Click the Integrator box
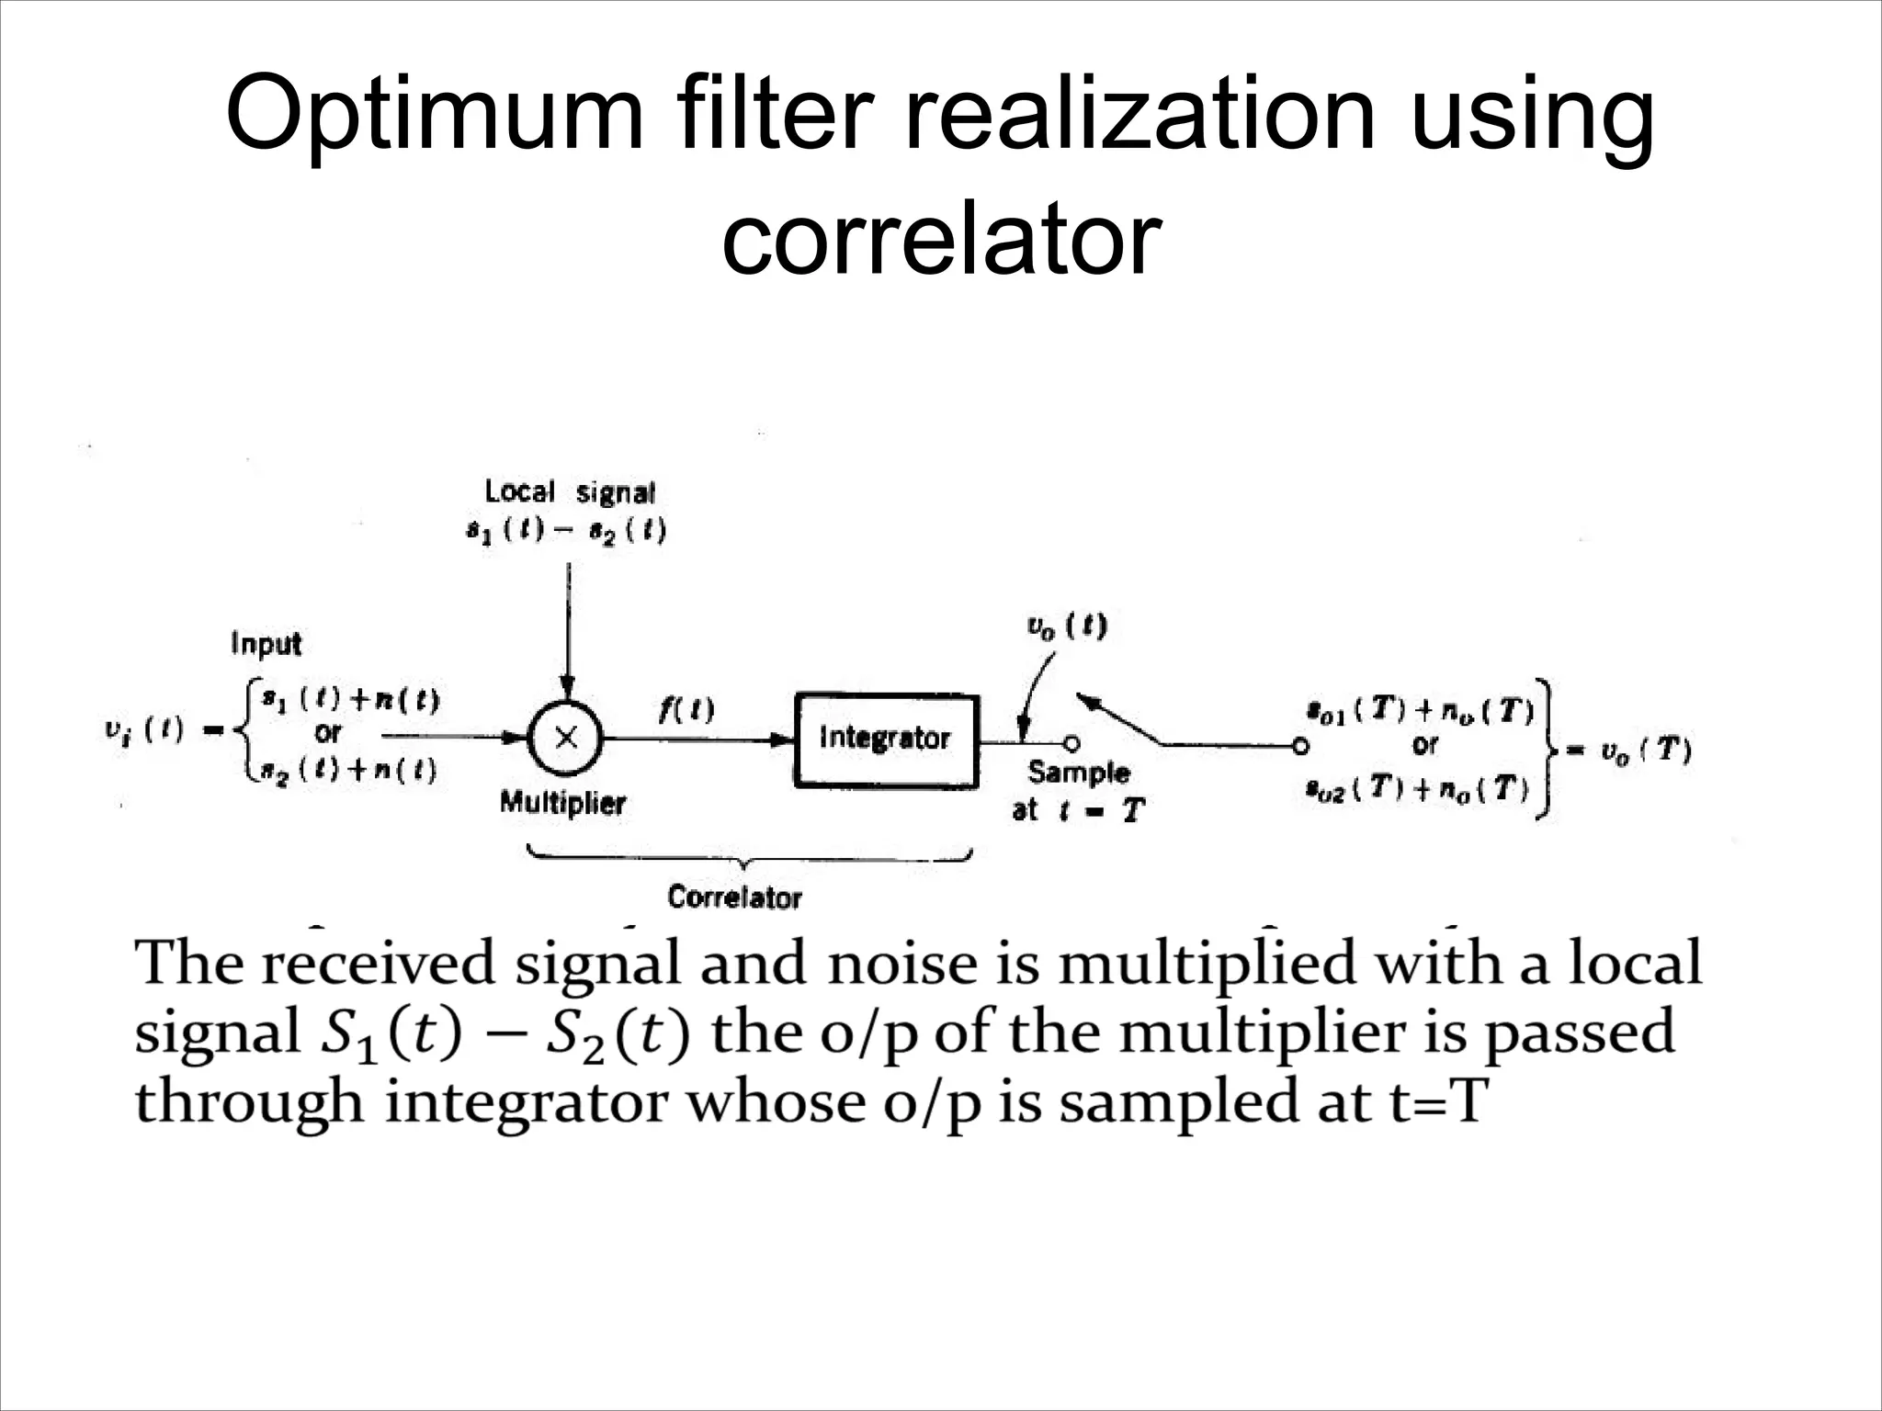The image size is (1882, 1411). click(x=886, y=739)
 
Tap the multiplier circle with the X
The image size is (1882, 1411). click(x=564, y=738)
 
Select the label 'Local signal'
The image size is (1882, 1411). click(x=570, y=492)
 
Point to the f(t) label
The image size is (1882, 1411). click(x=686, y=709)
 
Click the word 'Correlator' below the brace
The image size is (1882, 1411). click(x=734, y=897)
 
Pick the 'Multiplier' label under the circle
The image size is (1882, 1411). click(x=562, y=803)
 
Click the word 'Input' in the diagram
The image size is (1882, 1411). click(x=266, y=643)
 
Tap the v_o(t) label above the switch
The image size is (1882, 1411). click(x=1066, y=626)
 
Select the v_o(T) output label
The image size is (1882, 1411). click(x=1645, y=751)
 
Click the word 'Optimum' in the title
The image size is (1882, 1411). click(x=435, y=115)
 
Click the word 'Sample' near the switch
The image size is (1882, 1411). click(x=1078, y=773)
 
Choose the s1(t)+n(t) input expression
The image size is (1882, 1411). click(x=349, y=701)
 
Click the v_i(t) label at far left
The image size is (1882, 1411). click(x=144, y=730)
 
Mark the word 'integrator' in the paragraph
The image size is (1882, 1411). click(x=526, y=1101)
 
